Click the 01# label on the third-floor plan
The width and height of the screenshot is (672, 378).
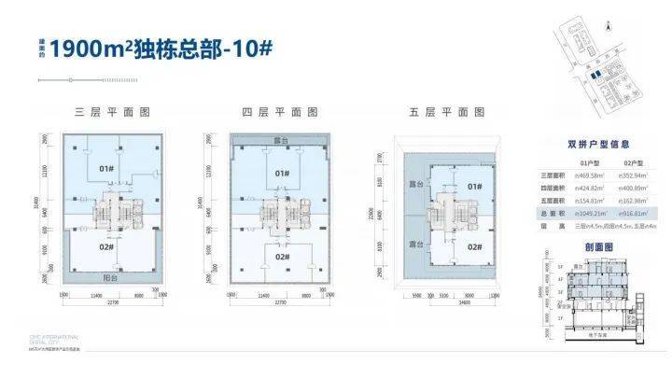pos(105,170)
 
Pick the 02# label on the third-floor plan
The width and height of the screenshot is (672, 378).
pos(105,249)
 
